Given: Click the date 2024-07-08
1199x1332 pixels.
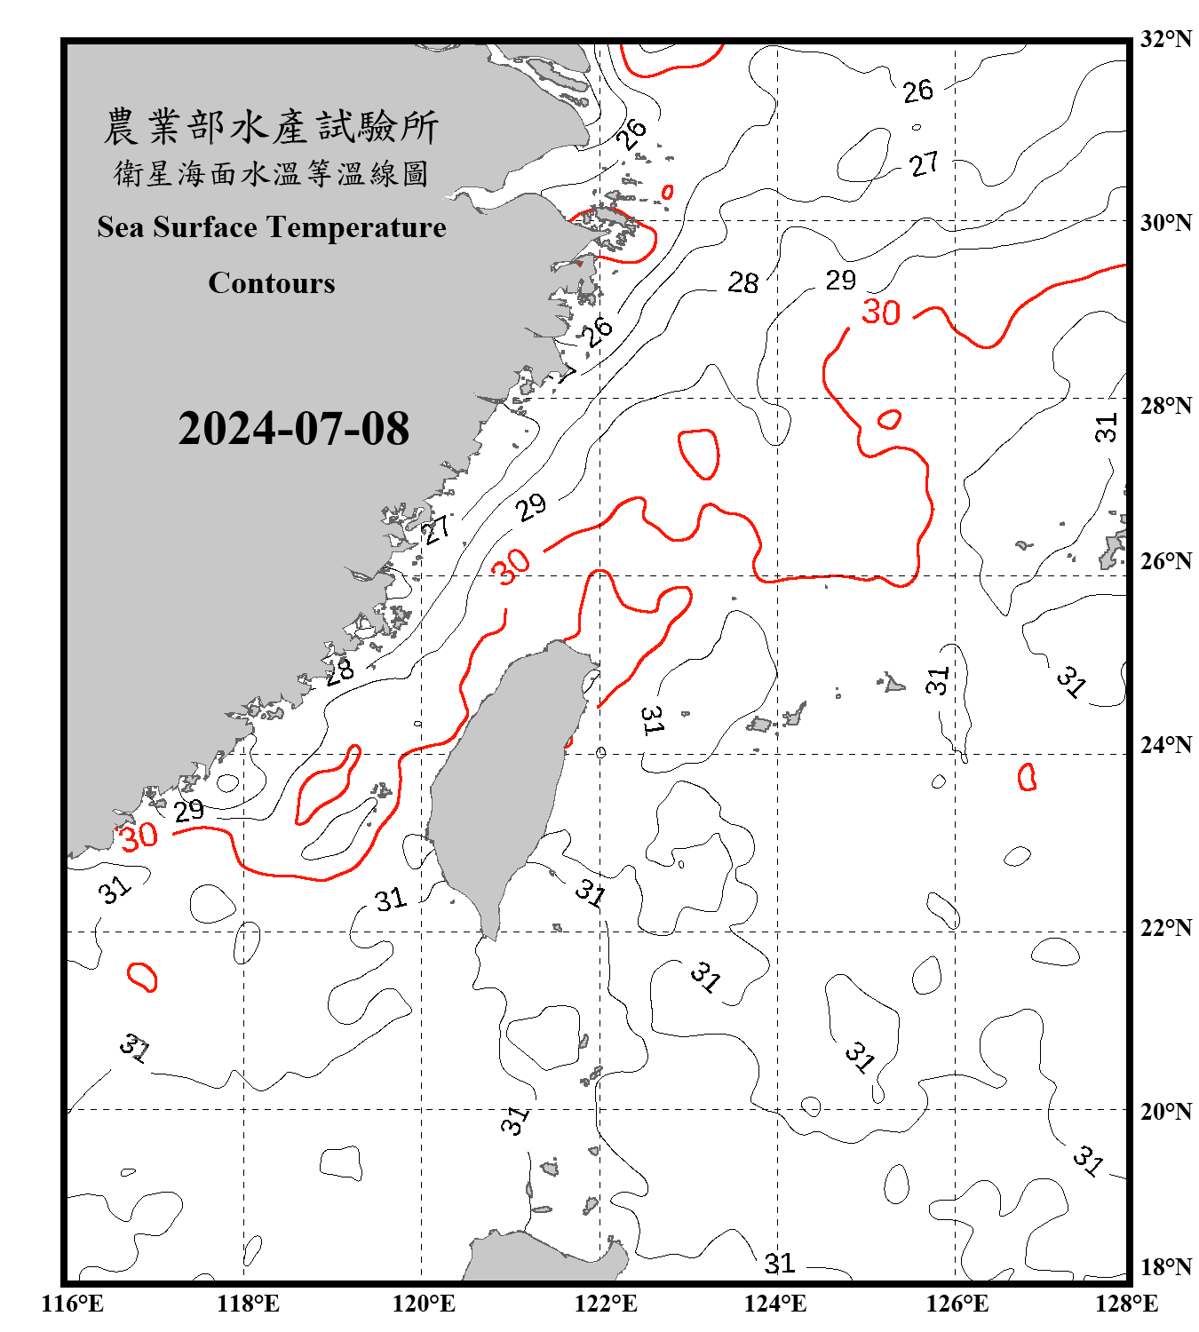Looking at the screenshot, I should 293,428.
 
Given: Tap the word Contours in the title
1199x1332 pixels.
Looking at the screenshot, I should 272,283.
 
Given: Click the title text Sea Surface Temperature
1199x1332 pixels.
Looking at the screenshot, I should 272,227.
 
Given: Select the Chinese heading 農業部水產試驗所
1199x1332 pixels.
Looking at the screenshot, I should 272,127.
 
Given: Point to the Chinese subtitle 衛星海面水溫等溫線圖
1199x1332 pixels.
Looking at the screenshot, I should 272,173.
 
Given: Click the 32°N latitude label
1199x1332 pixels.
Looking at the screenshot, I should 1165,39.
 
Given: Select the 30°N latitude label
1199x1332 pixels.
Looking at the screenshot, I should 1165,222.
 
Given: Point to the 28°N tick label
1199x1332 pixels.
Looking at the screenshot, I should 1165,406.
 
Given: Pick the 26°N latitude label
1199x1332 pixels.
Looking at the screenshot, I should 1165,561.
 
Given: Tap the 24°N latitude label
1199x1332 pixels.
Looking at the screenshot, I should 1165,744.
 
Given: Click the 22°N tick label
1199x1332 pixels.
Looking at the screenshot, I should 1165,928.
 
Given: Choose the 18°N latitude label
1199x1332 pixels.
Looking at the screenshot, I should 1165,1267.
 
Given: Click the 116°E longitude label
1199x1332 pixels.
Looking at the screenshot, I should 73,1304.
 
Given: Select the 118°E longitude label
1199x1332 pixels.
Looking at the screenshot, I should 248,1304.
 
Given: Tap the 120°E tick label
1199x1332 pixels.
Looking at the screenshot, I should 424,1304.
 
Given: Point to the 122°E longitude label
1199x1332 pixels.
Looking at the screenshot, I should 606,1304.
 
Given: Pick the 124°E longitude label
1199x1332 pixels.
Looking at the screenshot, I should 775,1304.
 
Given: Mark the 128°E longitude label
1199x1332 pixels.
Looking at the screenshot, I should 1126,1304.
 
